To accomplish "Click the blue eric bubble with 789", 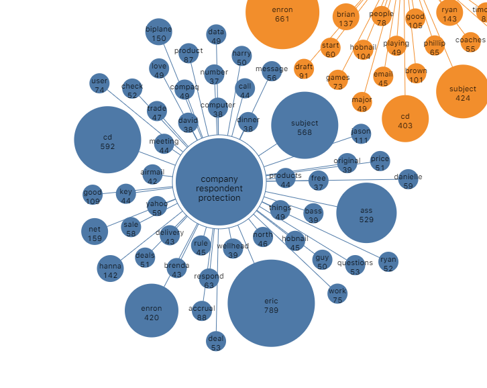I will pyautogui.click(x=271, y=303).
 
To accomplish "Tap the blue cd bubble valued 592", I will pyautogui.click(x=107, y=140).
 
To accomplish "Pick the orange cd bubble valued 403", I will pyautogui.click(x=405, y=119).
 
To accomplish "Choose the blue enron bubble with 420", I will pyautogui.click(x=152, y=311).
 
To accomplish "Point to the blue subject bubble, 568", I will pyautogui.click(x=305, y=126).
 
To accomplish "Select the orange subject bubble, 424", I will pyautogui.click(x=462, y=92).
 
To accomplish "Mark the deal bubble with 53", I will pyautogui.click(x=216, y=341).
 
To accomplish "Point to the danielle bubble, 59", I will pyautogui.click(x=408, y=179).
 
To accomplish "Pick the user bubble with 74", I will pyautogui.click(x=99, y=84).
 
